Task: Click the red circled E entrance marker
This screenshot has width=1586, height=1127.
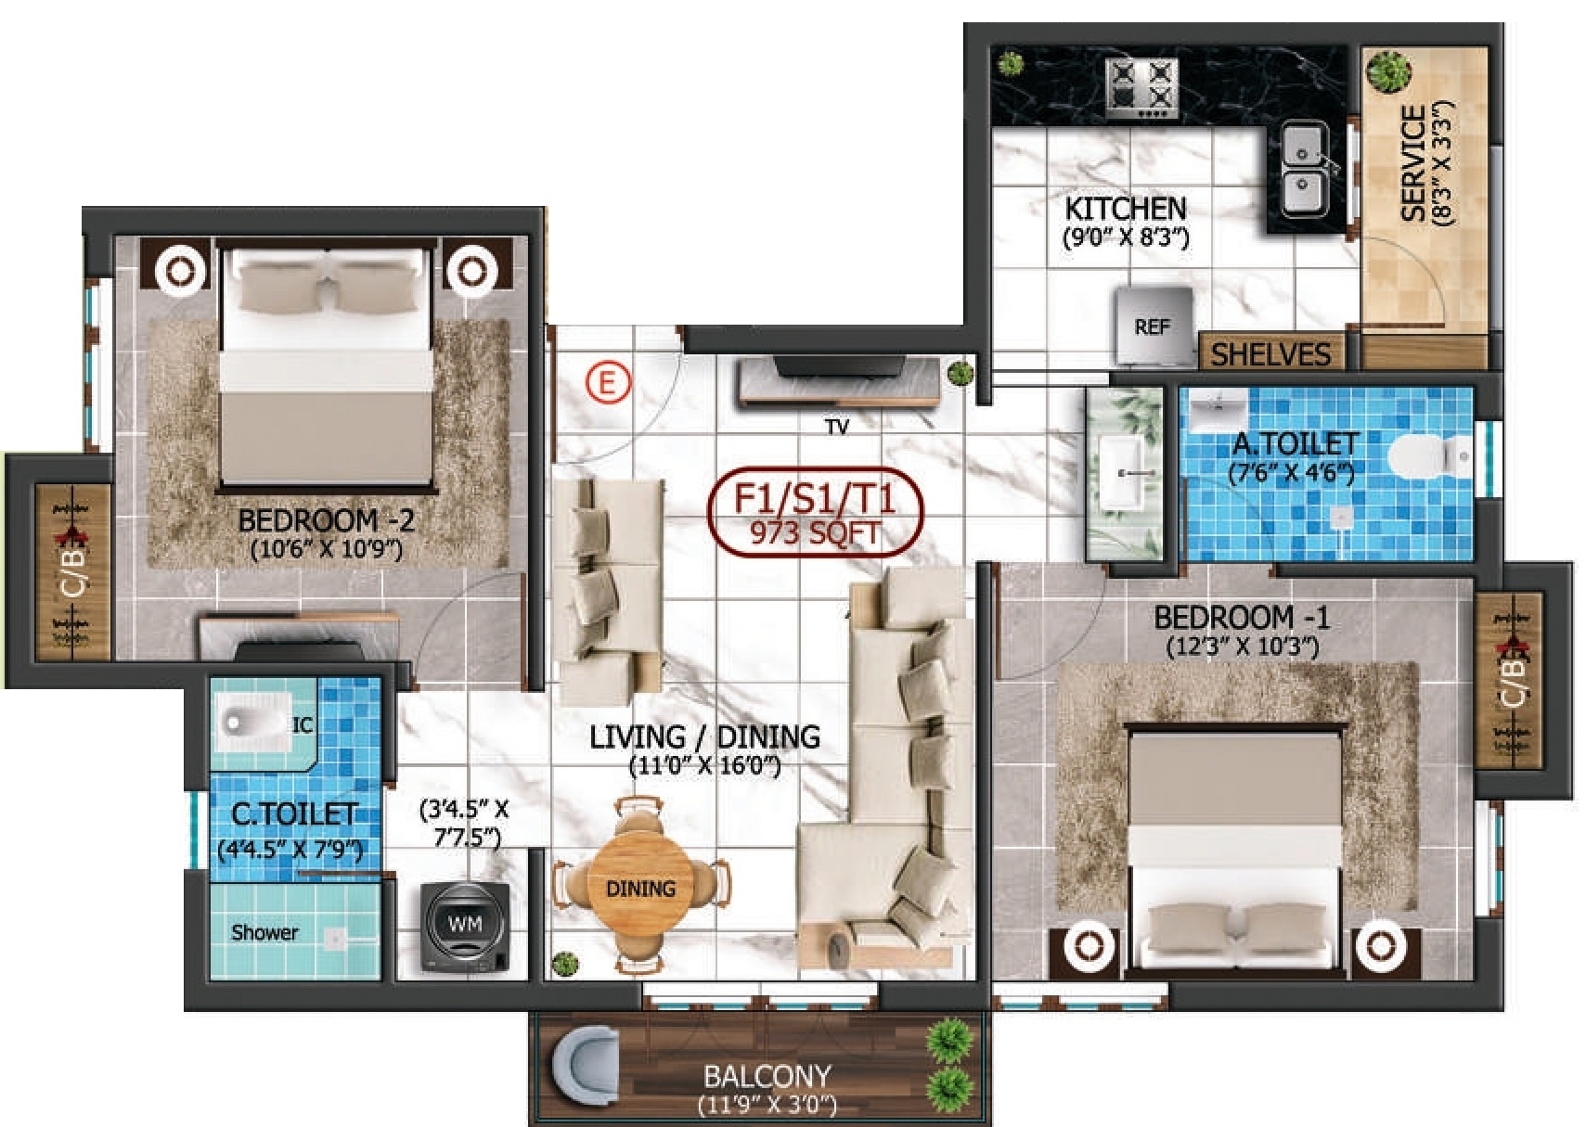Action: [x=607, y=383]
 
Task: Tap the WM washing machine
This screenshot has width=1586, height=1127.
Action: [x=464, y=926]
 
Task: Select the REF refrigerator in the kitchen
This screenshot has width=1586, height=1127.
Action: [x=1154, y=327]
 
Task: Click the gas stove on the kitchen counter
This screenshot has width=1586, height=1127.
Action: [x=1142, y=88]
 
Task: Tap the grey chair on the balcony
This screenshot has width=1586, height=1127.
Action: [x=585, y=1069]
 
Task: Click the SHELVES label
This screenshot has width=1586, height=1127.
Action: [x=1270, y=354]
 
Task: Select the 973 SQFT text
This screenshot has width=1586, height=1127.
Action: [x=816, y=533]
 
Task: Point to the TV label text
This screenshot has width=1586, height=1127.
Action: [x=836, y=427]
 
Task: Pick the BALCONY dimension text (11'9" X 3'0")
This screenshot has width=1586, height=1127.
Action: [x=767, y=1105]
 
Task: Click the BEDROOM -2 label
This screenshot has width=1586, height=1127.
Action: [x=327, y=520]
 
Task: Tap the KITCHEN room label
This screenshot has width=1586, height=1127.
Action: [x=1126, y=209]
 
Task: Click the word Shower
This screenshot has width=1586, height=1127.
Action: [x=264, y=932]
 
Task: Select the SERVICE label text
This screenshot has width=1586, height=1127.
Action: [x=1413, y=163]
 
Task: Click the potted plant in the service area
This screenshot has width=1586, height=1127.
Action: [x=1387, y=70]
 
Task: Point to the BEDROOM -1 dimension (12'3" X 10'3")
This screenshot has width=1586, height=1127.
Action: [x=1243, y=647]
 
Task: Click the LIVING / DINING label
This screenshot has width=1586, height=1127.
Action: [x=705, y=737]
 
